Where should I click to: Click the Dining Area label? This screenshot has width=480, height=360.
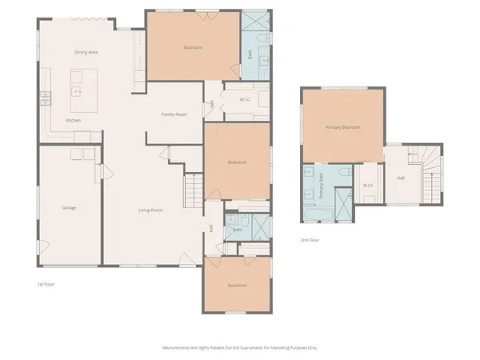click(86, 52)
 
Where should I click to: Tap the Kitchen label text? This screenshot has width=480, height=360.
click(73, 120)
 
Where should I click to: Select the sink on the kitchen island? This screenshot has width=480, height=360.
click(78, 91)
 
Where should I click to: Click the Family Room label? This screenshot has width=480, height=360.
click(174, 114)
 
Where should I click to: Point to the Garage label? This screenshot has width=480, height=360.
click(69, 208)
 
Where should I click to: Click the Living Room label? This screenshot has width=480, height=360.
click(150, 210)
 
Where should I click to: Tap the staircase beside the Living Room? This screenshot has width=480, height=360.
click(193, 191)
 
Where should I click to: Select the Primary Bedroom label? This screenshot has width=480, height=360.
click(342, 127)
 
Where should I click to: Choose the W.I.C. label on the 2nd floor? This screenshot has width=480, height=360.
click(368, 186)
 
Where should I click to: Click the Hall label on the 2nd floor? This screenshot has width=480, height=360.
click(400, 178)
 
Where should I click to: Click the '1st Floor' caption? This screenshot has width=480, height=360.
click(46, 284)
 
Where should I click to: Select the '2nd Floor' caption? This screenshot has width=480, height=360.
click(310, 239)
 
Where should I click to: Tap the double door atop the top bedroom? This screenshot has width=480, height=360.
click(192, 11)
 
